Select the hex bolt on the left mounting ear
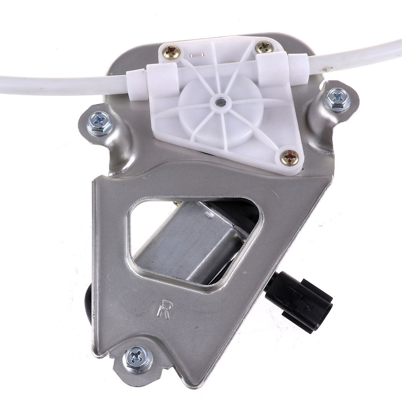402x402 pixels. [100, 123]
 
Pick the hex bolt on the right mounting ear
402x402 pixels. [337, 100]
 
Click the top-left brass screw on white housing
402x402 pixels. [171, 51]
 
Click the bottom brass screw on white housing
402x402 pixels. [289, 158]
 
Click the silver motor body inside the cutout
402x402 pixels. [190, 244]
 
